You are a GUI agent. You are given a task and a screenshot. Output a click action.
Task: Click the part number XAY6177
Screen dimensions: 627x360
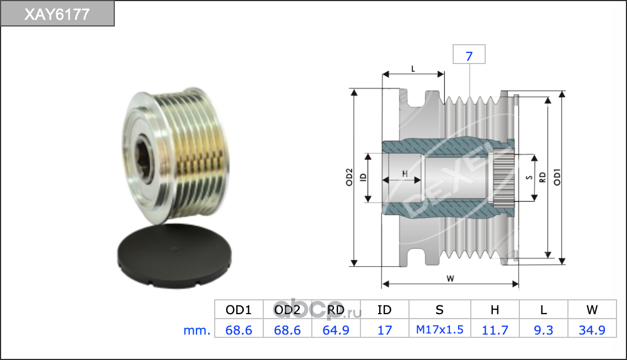57,14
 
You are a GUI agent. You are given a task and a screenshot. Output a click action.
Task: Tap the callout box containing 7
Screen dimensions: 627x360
469,55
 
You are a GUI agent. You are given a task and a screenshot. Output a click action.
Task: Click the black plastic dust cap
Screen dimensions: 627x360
174,256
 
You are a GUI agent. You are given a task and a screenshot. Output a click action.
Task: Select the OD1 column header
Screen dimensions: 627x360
239,310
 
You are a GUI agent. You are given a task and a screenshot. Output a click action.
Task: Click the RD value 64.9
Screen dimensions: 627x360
336,330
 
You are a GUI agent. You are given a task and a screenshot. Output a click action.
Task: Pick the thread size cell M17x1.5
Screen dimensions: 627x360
440,330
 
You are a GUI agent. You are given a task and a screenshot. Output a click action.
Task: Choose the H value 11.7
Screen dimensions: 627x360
495,330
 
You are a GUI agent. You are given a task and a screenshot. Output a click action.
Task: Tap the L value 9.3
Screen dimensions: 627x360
544,330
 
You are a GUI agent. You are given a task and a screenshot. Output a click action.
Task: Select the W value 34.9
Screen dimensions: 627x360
592,330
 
